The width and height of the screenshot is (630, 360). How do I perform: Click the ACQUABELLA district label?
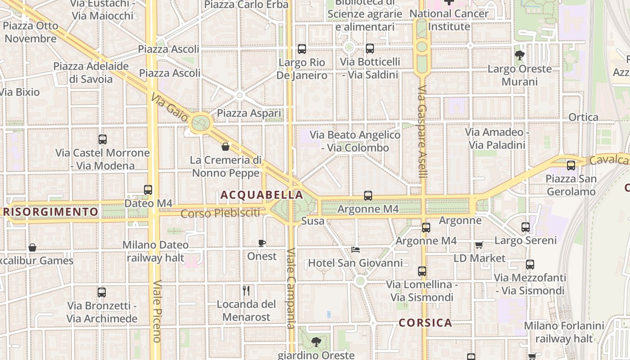[x=261, y=195]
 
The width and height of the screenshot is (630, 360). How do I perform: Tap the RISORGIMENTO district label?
[x=51, y=211]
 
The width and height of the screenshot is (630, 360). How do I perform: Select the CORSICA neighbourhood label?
[x=425, y=323]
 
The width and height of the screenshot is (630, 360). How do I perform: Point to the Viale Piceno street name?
[x=157, y=311]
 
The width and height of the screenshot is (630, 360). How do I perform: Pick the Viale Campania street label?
[x=291, y=288]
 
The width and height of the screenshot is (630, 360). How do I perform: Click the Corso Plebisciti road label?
[x=220, y=213]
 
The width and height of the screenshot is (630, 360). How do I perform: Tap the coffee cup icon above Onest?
[x=262, y=243]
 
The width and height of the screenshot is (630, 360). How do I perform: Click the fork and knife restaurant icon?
[x=246, y=291]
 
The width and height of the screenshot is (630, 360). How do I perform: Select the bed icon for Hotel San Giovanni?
[x=355, y=250]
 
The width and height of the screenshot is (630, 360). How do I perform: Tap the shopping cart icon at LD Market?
[x=479, y=245]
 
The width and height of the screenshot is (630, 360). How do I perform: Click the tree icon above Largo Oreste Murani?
[x=520, y=55]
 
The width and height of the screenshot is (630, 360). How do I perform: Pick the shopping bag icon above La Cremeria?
[x=225, y=147]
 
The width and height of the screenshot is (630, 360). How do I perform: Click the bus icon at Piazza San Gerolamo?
[x=571, y=165]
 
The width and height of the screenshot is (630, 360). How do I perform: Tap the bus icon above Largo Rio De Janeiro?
[x=302, y=49]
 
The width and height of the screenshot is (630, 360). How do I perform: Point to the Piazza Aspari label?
[x=249, y=113]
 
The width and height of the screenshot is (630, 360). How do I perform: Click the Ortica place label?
[x=583, y=117]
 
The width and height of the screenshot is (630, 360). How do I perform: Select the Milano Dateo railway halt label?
[x=155, y=252]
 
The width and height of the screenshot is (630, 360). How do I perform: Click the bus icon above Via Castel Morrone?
[x=103, y=139]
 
